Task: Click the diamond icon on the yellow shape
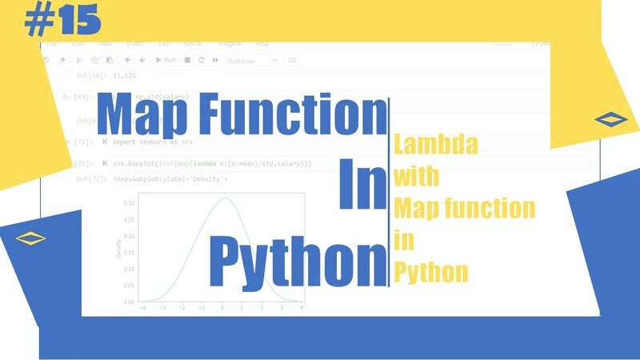(611, 119)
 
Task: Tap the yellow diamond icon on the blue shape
(30, 238)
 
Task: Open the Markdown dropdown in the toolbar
(251, 60)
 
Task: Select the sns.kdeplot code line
(212, 163)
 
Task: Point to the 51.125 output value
(124, 75)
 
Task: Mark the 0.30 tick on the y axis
(129, 203)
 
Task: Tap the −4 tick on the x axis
(142, 308)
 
